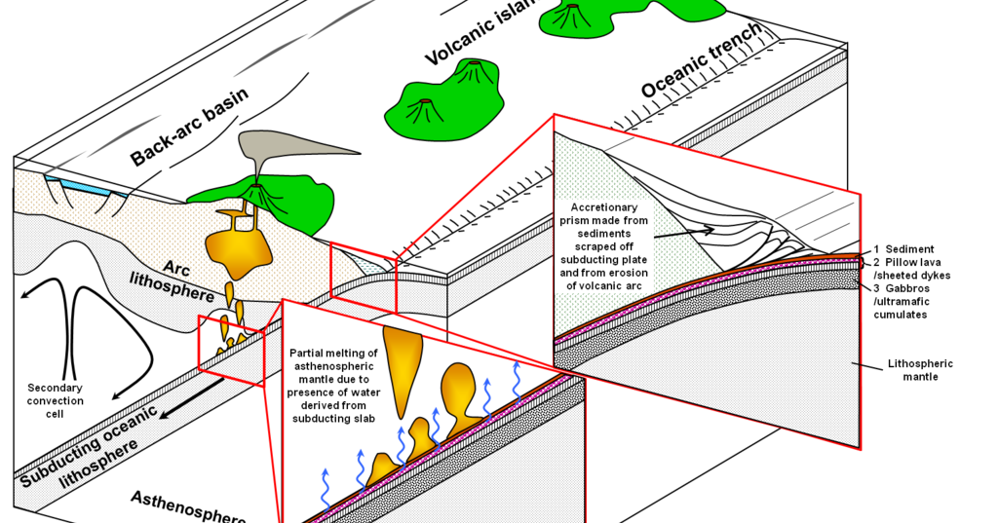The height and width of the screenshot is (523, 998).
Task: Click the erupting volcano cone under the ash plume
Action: point(258,193)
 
